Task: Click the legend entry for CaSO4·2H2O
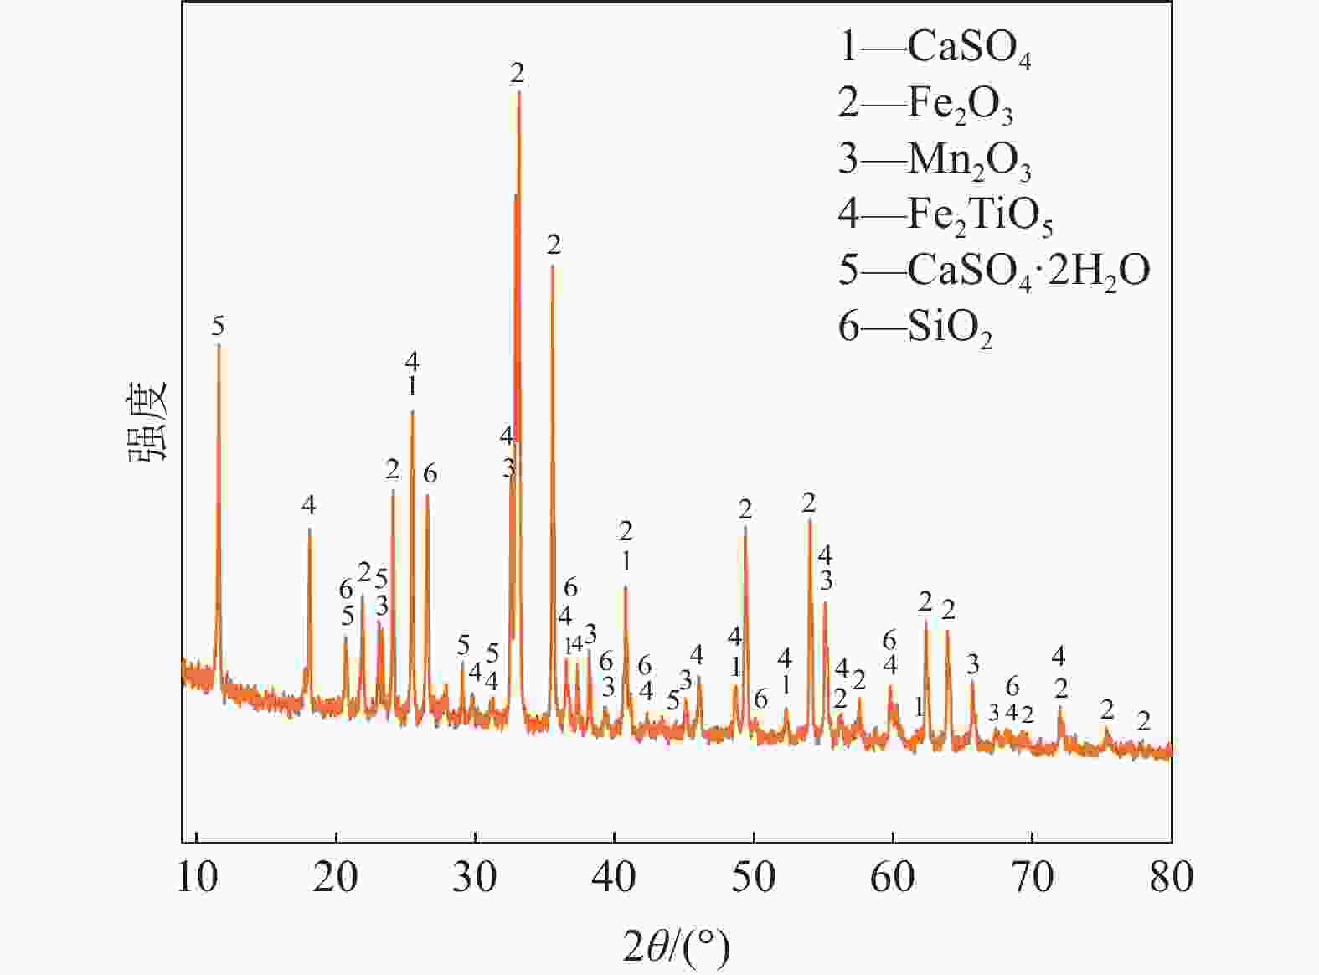994,271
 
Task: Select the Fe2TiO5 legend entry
945,215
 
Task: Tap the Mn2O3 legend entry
935,159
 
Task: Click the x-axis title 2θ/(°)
677,947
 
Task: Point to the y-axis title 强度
148,420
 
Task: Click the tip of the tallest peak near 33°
519,91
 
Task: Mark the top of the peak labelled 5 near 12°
219,344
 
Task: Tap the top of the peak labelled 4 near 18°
309,529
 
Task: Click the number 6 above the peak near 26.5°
430,474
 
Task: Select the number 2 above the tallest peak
518,73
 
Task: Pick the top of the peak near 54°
810,521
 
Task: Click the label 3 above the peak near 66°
972,664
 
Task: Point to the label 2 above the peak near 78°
1143,720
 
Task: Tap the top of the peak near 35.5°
553,266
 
